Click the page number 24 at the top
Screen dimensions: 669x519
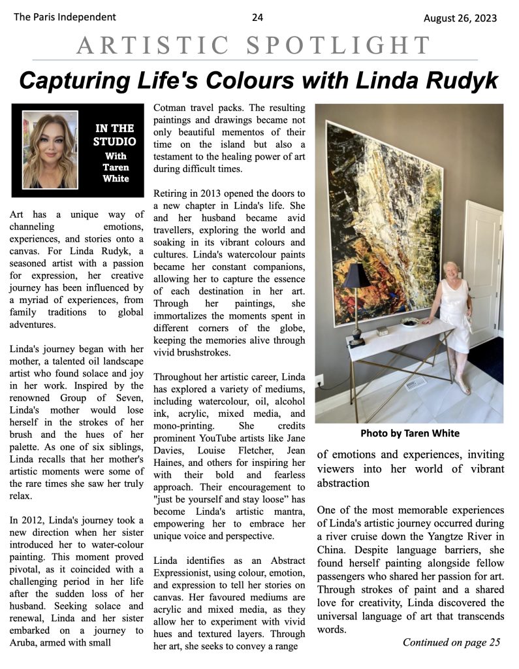257,18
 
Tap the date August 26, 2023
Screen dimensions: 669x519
460,18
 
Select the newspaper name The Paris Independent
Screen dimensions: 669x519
65,18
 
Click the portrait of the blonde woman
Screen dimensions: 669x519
50,150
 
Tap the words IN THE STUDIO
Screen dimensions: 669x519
114,135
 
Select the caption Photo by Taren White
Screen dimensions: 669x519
410,432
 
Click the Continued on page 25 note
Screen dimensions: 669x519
451,642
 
